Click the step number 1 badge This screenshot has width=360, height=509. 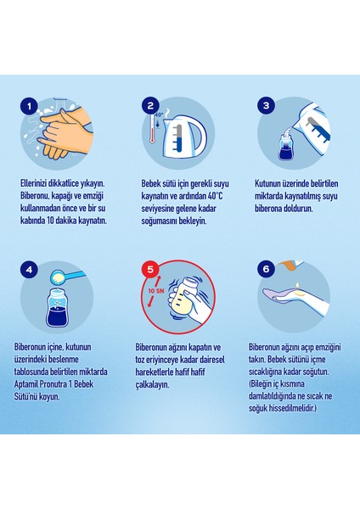point(29,107)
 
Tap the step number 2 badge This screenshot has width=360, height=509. point(150,105)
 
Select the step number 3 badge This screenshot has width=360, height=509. point(267,105)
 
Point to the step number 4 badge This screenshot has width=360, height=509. point(29,270)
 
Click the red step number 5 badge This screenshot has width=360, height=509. point(150,269)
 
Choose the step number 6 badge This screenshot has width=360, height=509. point(267,269)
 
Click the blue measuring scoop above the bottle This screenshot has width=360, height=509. point(66,277)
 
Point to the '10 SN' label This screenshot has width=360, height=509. point(156,291)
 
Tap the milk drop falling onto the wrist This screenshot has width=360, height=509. point(296,285)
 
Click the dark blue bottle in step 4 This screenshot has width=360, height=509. point(58,308)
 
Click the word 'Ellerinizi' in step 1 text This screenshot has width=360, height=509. point(33,183)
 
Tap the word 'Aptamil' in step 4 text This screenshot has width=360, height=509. point(26,384)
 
